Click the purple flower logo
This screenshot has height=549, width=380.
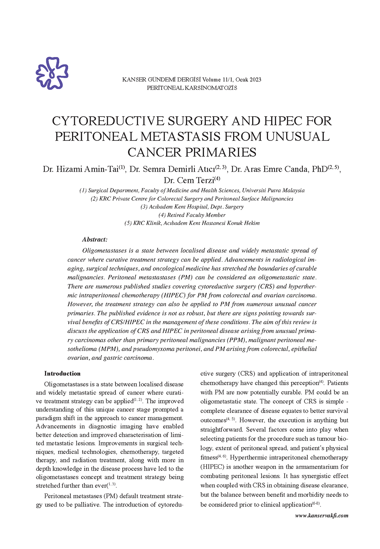coord(52,73)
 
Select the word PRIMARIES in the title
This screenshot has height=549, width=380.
coord(220,152)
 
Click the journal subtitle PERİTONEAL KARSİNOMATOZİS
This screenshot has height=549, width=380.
coord(192,88)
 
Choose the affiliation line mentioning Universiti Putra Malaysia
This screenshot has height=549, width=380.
coord(192,191)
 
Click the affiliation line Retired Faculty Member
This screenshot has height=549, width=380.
coord(192,215)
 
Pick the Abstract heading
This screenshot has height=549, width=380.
coord(95,240)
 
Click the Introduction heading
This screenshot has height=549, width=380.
coord(62,374)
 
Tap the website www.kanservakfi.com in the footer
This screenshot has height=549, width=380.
coord(321,515)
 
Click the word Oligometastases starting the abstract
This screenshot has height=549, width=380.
coord(104,251)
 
